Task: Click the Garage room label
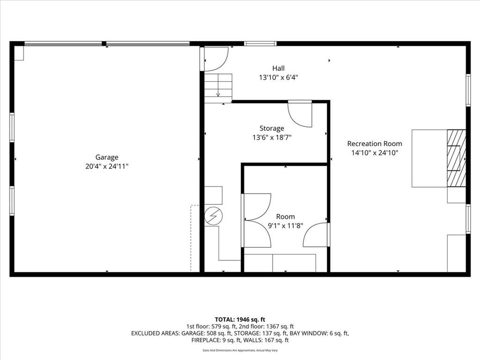(x=107, y=157)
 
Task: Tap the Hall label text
(x=278, y=68)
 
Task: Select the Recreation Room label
(x=375, y=143)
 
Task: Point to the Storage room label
(x=272, y=128)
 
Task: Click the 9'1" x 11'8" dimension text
(x=285, y=226)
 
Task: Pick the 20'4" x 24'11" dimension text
(x=107, y=166)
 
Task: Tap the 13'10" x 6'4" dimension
(x=278, y=77)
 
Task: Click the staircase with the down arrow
(x=218, y=88)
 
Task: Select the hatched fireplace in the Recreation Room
(x=457, y=158)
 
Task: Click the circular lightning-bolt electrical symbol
(x=213, y=217)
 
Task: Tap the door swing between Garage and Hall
(x=216, y=59)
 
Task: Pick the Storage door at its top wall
(x=300, y=114)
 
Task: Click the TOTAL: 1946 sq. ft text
(x=240, y=320)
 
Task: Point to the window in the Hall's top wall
(x=260, y=44)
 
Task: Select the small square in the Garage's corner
(x=19, y=53)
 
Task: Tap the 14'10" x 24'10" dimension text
(x=375, y=153)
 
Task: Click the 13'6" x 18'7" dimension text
(x=272, y=138)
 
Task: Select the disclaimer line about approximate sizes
(x=240, y=350)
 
